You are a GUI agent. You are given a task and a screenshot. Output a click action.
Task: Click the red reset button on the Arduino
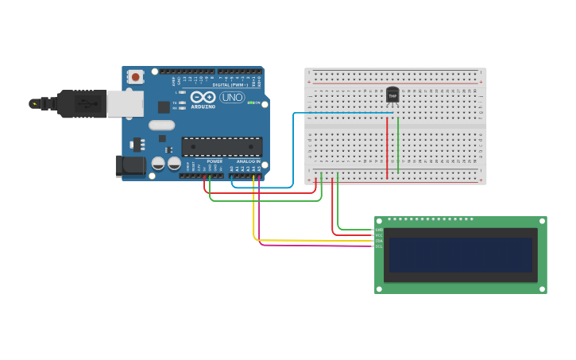(x=136, y=77)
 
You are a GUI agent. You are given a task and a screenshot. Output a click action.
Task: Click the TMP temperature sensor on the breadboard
(x=392, y=95)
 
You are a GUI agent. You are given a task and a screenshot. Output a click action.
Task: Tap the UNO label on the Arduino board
(x=232, y=97)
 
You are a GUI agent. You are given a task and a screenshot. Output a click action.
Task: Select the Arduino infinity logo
(x=203, y=97)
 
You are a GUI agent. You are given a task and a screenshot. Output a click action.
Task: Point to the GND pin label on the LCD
(x=379, y=230)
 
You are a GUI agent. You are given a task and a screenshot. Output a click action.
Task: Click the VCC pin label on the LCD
(x=379, y=235)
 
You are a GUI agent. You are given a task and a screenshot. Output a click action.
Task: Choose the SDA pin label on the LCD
(x=379, y=241)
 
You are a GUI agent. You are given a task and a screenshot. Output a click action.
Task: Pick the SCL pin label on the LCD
(x=379, y=246)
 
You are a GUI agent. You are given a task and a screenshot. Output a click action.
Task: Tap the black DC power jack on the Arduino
(x=130, y=165)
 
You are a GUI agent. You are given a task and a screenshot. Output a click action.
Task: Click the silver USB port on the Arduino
(x=125, y=103)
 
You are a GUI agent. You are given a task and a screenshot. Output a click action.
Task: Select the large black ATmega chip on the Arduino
(x=222, y=146)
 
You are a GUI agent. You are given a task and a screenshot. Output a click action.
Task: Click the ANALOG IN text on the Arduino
(x=248, y=161)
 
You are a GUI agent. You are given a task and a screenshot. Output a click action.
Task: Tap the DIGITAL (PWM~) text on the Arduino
(x=228, y=84)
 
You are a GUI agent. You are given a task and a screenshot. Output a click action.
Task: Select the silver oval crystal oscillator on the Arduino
(x=161, y=125)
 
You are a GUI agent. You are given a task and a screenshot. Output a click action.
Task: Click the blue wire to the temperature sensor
(x=293, y=151)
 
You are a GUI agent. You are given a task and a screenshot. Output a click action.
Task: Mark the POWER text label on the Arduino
(x=215, y=161)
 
